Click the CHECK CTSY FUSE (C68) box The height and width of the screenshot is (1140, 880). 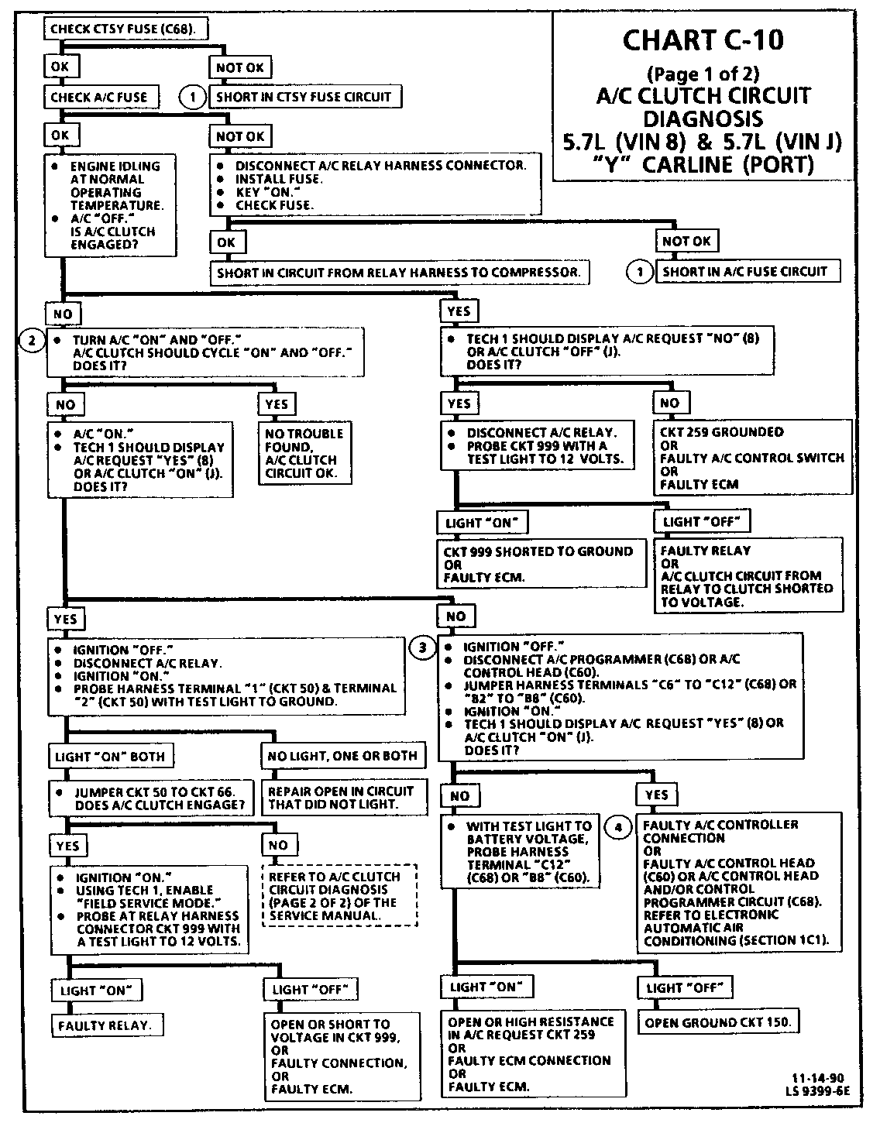tap(129, 29)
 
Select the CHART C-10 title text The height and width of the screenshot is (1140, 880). tap(703, 40)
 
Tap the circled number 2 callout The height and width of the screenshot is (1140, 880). tap(32, 341)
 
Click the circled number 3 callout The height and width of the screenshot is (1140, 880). tap(422, 647)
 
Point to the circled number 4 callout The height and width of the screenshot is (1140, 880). tap(617, 828)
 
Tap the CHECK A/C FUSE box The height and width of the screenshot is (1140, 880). tap(100, 97)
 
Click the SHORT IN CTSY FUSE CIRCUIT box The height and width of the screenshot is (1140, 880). tap(304, 97)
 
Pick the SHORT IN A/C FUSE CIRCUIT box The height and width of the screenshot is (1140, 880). tap(745, 272)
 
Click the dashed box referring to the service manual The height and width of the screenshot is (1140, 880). tap(339, 895)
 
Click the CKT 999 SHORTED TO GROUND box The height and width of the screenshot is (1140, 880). tap(540, 563)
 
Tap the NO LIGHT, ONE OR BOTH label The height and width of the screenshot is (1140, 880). tap(342, 756)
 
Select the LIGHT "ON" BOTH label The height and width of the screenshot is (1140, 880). tap(110, 757)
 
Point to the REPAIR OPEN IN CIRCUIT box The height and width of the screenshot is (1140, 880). tap(342, 798)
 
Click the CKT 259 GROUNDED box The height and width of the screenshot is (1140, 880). tap(752, 458)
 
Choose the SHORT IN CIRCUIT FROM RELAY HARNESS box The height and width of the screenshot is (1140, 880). tap(398, 273)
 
